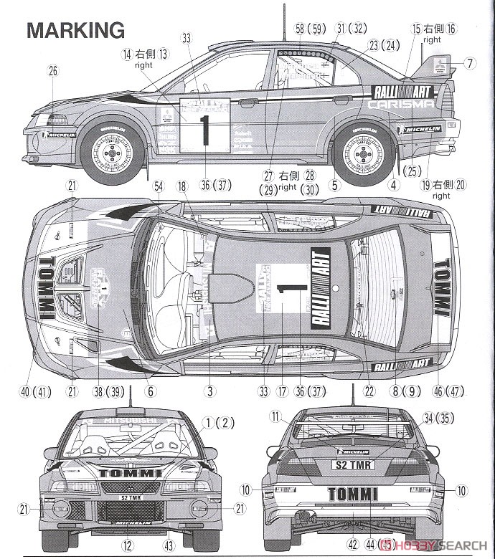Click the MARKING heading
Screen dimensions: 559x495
(76, 30)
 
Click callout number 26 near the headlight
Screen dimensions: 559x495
(52, 70)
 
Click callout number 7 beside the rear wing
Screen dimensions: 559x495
(469, 64)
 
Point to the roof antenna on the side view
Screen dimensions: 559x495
(286, 25)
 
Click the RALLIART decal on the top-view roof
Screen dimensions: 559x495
(321, 287)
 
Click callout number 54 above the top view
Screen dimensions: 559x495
(159, 186)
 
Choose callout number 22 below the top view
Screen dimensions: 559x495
(370, 391)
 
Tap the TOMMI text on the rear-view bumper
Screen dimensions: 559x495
(353, 494)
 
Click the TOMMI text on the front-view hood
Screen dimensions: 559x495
(130, 472)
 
